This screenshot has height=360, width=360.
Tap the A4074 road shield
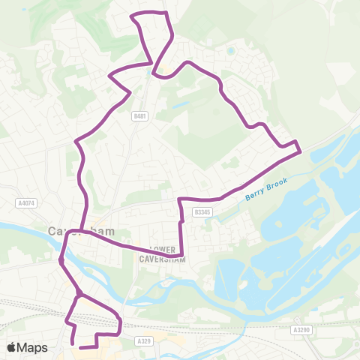click(x=25, y=202)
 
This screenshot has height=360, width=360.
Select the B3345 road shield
click(x=199, y=212)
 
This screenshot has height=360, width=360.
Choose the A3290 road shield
click(x=301, y=329)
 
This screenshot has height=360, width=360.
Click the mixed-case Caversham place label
click(x=79, y=230)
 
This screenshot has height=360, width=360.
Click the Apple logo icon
click(x=13, y=346)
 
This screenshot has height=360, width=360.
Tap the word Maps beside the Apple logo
click(x=34, y=346)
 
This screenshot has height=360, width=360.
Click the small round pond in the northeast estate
click(x=231, y=51)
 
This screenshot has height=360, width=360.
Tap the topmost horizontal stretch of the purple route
click(x=148, y=13)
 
